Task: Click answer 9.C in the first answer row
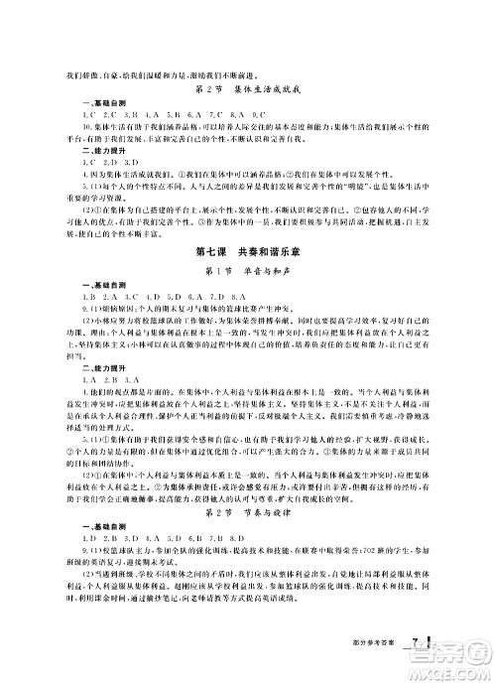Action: (248, 116)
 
